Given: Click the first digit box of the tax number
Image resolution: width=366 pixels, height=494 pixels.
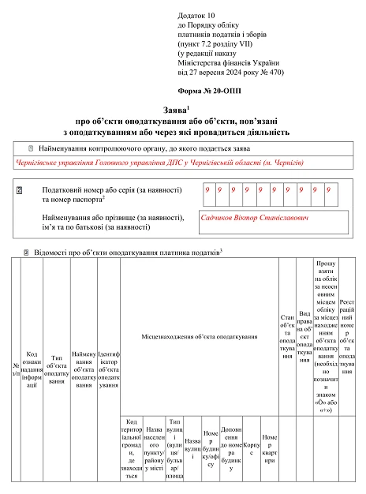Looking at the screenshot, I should pos(207,191).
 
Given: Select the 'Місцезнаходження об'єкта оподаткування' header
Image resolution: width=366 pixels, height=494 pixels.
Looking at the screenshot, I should pos(200,337).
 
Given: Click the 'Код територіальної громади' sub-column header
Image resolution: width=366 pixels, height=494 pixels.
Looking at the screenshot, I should pos(132,447).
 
